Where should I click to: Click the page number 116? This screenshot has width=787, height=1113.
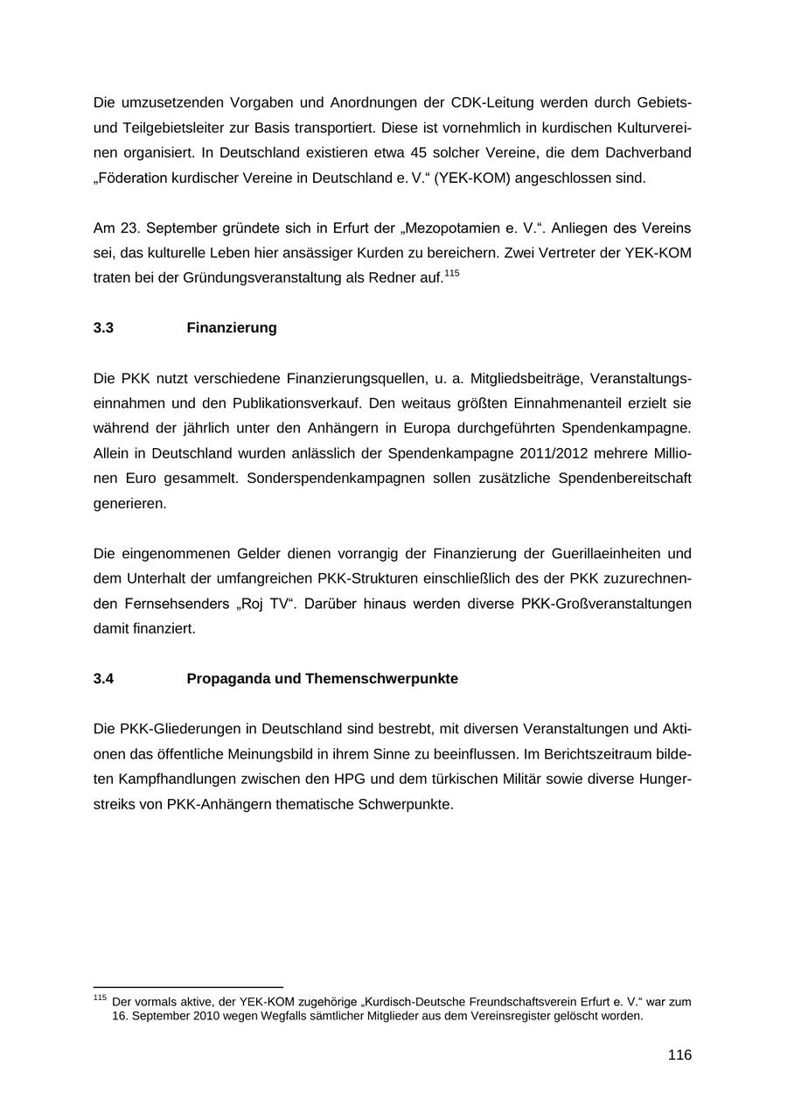click(x=679, y=1055)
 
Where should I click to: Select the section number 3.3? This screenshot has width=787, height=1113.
click(x=103, y=328)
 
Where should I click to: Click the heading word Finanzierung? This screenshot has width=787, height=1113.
click(x=232, y=328)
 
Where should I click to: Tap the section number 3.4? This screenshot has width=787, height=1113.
click(x=103, y=679)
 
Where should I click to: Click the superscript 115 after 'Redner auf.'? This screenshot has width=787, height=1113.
click(x=451, y=274)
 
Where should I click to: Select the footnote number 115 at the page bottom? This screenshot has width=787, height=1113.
click(x=99, y=997)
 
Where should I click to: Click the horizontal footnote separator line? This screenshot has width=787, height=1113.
click(x=188, y=987)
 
